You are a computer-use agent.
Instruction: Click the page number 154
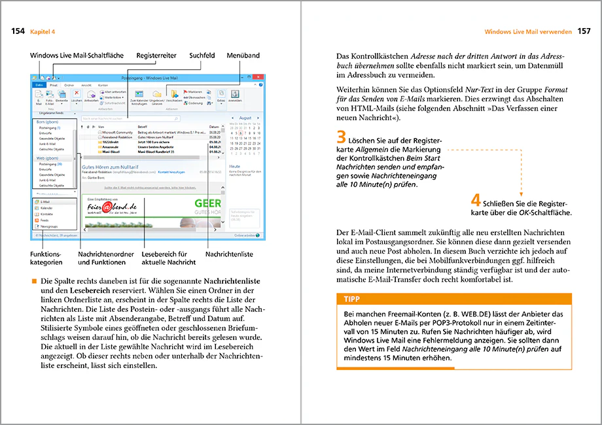tap(19, 31)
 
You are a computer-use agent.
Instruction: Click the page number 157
tap(584, 31)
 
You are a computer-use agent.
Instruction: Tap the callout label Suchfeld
tap(203, 56)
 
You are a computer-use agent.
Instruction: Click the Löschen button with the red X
tap(77, 97)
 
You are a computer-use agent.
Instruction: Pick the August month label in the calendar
tap(245, 118)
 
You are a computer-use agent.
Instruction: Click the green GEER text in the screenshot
tap(207, 203)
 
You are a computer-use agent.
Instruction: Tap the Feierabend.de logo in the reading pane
tap(107, 209)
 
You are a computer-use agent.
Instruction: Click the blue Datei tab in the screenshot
tap(39, 86)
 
